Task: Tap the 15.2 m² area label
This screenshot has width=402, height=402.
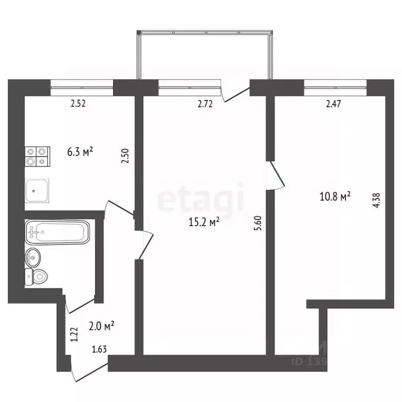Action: [204, 222]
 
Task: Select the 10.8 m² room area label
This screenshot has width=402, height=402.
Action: [334, 197]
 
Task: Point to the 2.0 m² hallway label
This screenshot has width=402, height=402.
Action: [102, 327]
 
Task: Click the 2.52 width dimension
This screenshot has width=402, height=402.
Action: [78, 104]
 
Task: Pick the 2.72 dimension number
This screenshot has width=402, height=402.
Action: [205, 104]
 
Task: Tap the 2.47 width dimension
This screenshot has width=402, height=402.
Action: [333, 104]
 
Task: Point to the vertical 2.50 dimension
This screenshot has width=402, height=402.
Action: [125, 157]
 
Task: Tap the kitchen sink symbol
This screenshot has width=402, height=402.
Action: [38, 189]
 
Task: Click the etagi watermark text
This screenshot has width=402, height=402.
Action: [201, 198]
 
